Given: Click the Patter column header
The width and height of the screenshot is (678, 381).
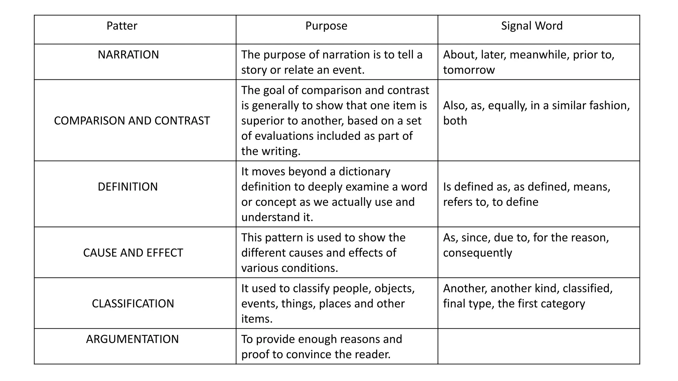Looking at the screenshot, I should [x=122, y=26].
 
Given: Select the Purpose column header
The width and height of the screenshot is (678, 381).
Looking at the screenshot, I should [x=326, y=26].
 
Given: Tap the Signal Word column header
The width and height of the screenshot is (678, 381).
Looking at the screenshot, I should [x=532, y=26].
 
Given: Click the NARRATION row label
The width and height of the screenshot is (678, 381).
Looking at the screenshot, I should [x=128, y=55].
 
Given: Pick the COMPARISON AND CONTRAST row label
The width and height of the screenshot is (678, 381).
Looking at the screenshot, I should [x=132, y=121].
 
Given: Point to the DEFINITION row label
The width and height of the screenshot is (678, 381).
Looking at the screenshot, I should [x=128, y=187].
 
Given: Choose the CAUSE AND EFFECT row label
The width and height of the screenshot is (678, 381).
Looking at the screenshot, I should [x=133, y=253].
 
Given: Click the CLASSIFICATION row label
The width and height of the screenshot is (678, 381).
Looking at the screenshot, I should [x=133, y=304].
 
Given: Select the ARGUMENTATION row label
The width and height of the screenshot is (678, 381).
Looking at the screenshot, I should [x=132, y=339].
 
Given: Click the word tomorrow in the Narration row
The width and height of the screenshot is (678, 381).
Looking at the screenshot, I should [x=469, y=70].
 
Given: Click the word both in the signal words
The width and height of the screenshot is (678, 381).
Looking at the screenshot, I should [x=455, y=121].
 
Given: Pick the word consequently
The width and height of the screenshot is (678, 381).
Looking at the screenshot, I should [x=477, y=253].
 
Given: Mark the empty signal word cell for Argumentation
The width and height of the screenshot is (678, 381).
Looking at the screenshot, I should [x=539, y=346].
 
